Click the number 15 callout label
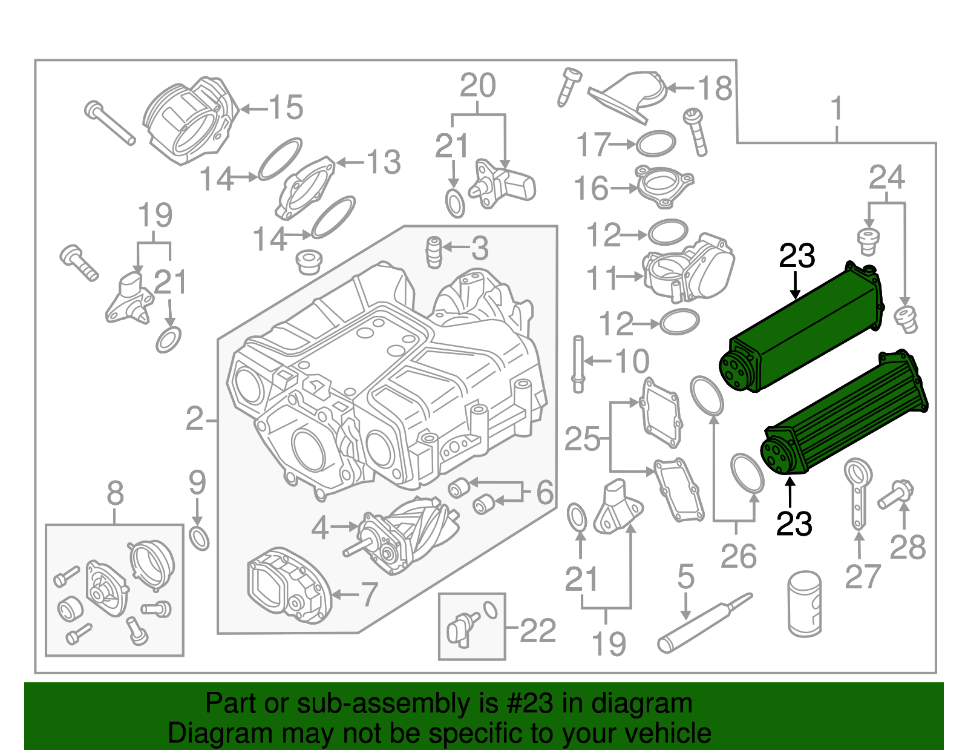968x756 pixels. (x=286, y=108)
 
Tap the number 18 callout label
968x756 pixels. (x=715, y=88)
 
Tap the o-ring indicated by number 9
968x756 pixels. (x=199, y=538)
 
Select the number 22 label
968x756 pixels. (x=537, y=631)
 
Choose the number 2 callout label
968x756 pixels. (x=195, y=419)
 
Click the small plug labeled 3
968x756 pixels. (x=433, y=252)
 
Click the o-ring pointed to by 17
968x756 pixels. (x=656, y=144)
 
